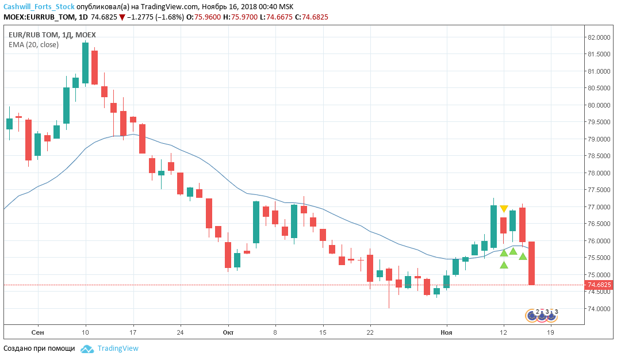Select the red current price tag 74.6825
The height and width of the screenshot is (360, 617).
(599, 285)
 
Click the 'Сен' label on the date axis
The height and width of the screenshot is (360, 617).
(38, 332)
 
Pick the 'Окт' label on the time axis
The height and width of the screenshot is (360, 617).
(228, 332)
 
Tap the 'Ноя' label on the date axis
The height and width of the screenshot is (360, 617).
(446, 332)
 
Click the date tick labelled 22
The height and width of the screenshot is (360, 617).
(370, 332)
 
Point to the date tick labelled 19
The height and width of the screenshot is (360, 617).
(551, 332)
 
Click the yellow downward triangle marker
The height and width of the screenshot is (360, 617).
(504, 209)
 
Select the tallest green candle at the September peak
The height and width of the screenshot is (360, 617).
(85, 63)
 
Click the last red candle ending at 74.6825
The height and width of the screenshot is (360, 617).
(532, 263)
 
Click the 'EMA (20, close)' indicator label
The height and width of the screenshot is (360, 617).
(33, 44)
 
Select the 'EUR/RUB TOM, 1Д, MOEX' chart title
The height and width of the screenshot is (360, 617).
(52, 35)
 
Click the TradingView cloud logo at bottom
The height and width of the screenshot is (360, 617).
(87, 348)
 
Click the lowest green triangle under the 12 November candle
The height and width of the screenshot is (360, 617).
(504, 265)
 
